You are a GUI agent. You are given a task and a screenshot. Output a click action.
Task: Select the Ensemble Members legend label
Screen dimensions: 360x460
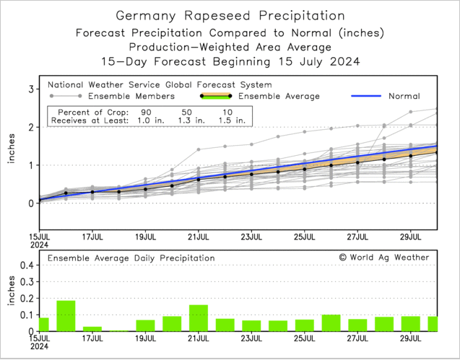tap(131, 96)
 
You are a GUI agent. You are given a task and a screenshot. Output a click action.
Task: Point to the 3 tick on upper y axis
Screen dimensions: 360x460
tap(32, 89)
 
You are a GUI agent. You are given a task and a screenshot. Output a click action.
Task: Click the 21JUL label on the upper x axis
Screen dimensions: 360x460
tap(198, 235)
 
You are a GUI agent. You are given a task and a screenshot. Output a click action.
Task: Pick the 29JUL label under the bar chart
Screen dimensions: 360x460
tap(410, 339)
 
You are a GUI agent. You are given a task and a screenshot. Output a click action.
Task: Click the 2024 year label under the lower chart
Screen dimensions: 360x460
tap(40, 347)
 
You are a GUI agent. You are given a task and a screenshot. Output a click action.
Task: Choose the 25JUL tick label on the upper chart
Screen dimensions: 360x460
tap(304, 235)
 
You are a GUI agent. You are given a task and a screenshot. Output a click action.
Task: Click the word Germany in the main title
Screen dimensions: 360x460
tap(149, 15)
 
